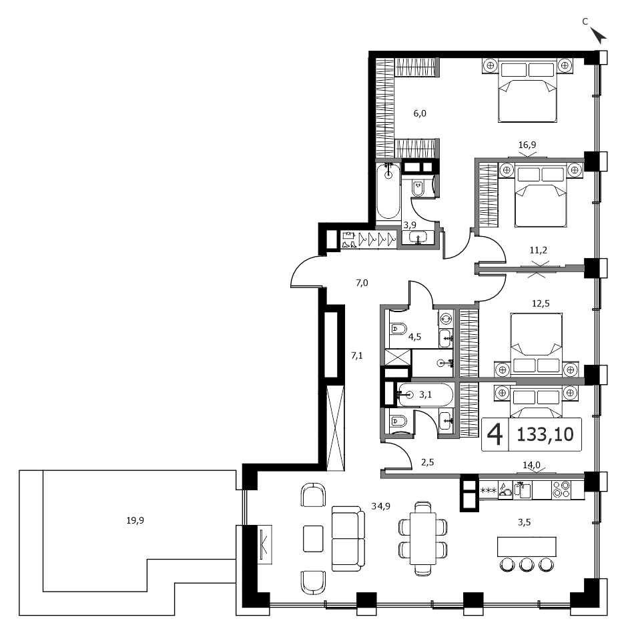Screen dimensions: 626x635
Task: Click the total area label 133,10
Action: coord(545,434)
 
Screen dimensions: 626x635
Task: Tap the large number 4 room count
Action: coord(495,434)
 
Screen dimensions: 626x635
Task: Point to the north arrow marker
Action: coord(598,35)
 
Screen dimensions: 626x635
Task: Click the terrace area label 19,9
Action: coord(135,520)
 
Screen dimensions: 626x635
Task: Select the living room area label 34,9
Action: coord(381,506)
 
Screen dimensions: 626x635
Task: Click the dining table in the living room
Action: coord(423,538)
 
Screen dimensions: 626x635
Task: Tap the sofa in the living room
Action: coord(348,539)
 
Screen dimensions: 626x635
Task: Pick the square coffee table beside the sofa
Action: coord(313,539)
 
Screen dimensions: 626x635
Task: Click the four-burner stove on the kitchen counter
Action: coord(561,490)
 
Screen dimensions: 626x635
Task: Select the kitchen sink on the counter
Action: coord(523,490)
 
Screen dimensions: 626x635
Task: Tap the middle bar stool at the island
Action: coord(527,564)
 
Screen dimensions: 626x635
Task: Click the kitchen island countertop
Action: coord(527,547)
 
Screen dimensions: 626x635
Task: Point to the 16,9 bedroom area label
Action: coord(527,145)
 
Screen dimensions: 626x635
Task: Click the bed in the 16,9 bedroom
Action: coord(527,91)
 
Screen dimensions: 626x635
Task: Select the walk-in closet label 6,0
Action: coord(420,113)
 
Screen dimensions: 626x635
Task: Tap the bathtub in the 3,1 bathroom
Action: coord(425,394)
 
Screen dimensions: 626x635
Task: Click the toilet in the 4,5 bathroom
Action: coord(398,329)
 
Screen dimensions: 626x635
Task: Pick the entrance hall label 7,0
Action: coord(362,283)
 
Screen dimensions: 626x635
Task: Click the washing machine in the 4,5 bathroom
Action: coord(446,319)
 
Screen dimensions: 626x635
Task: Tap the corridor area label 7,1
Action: coord(357,356)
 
